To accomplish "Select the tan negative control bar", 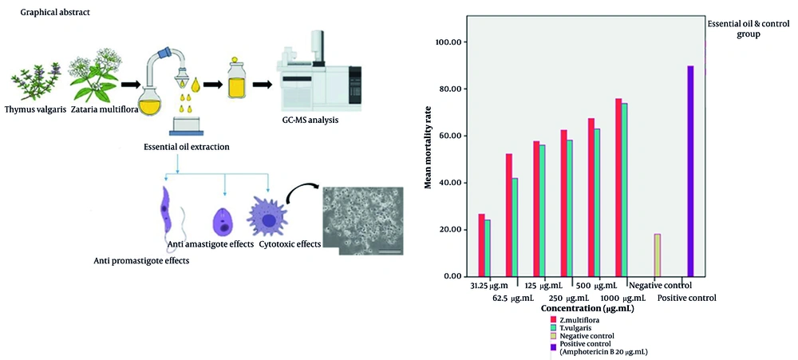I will click(658, 255).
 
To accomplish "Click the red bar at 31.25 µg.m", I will click(481, 245).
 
